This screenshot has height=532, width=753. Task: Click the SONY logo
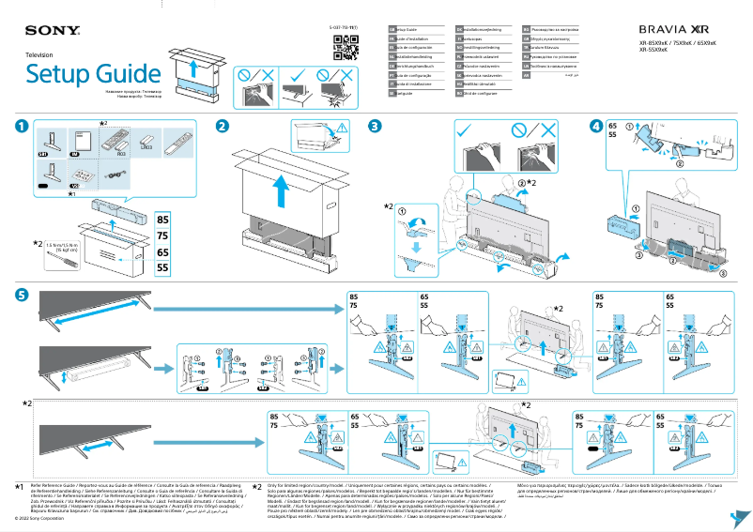coord(45,30)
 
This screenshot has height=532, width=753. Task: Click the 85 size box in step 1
coord(162,219)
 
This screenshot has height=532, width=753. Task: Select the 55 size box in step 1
coord(162,267)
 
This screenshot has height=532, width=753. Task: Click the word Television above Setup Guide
coord(38,56)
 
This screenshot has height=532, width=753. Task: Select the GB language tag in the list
coord(392,30)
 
